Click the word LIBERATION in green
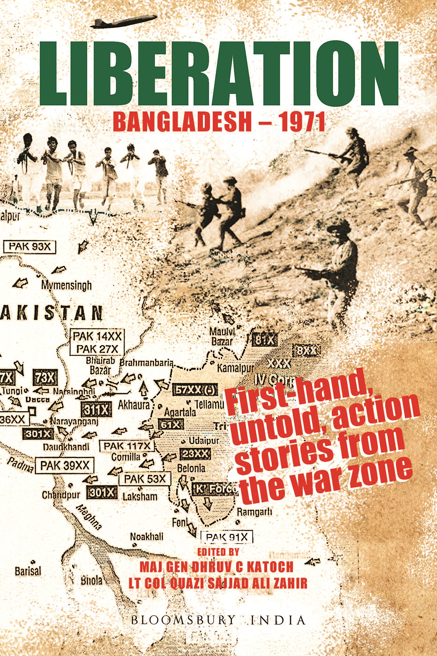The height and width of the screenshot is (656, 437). click(219, 74)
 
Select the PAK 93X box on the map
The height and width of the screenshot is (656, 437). click(29, 247)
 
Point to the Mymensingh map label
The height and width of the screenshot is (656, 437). click(66, 285)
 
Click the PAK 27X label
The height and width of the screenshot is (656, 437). click(97, 349)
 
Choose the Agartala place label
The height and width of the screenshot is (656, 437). click(180, 412)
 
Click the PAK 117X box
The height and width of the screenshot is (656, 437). click(127, 446)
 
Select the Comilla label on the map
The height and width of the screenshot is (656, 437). click(126, 457)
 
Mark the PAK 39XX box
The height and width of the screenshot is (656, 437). click(65, 465)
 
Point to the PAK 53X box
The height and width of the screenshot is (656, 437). click(145, 479)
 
